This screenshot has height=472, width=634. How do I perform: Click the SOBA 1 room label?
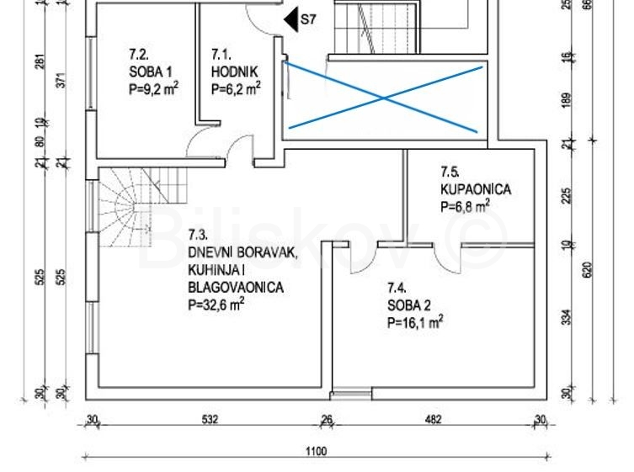(x=151, y=72)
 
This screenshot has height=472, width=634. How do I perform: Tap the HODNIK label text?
(x=234, y=72)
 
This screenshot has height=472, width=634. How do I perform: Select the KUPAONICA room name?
(x=476, y=189)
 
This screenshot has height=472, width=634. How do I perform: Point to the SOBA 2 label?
(x=409, y=305)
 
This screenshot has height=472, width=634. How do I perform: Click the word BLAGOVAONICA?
(x=236, y=287)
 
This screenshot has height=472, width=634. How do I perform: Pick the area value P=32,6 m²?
(x=216, y=305)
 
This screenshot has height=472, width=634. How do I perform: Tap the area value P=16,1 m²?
(x=415, y=322)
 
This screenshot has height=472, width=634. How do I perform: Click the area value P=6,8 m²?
(x=466, y=206)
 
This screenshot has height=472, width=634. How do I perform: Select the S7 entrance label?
(x=308, y=19)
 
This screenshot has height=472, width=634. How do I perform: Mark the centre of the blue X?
(x=384, y=98)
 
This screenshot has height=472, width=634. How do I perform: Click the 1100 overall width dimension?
(x=317, y=451)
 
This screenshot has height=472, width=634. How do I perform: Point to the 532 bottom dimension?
(x=210, y=420)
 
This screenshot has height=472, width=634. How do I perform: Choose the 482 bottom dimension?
(x=433, y=420)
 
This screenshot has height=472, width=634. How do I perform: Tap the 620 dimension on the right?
(x=588, y=269)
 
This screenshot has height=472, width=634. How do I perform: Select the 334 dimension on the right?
(x=567, y=317)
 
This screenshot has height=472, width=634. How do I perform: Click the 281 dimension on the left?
(x=41, y=61)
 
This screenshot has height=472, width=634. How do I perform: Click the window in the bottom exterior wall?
(x=351, y=393)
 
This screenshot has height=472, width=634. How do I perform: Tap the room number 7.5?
(x=450, y=172)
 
